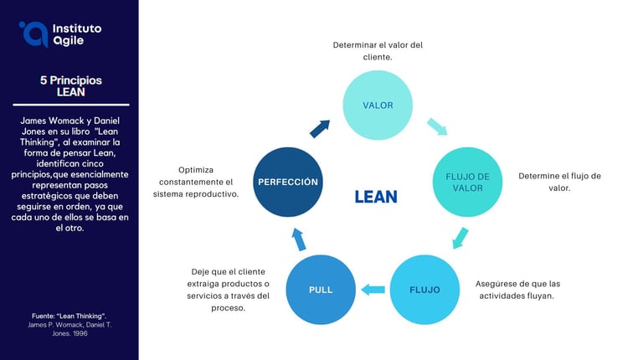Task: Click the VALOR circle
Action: [x=378, y=105]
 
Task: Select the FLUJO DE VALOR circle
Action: [x=467, y=182]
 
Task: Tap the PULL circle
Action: [x=321, y=290]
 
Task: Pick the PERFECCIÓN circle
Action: [x=288, y=182]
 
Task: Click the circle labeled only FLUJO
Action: [x=425, y=290]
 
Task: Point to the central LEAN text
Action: [x=376, y=197]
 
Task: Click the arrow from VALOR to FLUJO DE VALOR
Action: [x=437, y=126]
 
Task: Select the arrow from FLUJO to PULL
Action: [x=373, y=290]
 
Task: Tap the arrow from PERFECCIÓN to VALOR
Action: [x=320, y=128]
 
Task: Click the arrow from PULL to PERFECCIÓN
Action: [x=299, y=239]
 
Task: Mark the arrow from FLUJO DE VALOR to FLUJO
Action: [x=458, y=237]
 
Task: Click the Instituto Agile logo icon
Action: [x=33, y=33]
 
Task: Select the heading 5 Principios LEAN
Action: [x=71, y=86]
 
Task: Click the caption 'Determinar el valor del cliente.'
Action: [x=378, y=51]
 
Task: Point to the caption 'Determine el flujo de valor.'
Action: [x=559, y=182]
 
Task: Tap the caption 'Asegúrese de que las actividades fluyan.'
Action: [x=518, y=290]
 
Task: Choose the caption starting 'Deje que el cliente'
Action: [x=228, y=290]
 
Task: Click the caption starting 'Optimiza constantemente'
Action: [x=196, y=182]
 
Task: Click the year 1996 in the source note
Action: [x=77, y=333]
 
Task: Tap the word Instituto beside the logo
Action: [x=76, y=28]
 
